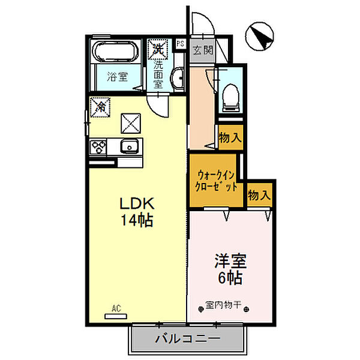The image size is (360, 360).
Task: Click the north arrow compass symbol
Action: (x=259, y=36)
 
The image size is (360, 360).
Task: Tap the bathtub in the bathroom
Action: (x=115, y=52)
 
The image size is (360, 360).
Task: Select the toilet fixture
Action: (x=230, y=96)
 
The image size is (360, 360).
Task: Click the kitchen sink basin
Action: (x=130, y=146)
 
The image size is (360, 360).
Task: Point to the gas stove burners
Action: (x=98, y=146)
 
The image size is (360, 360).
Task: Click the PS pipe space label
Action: (x=181, y=43)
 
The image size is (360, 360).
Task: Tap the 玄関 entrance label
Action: (x=203, y=50)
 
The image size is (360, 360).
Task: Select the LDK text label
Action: (x=137, y=203)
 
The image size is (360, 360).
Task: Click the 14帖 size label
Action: (x=137, y=220)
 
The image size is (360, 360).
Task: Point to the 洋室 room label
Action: (x=230, y=261)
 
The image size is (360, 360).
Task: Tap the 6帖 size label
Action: (x=230, y=278)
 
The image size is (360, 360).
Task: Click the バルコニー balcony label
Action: (x=188, y=338)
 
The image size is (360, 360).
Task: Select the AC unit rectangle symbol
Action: (x=116, y=316)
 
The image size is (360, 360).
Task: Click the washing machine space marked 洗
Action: (x=158, y=49)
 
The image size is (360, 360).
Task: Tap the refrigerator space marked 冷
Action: (x=100, y=107)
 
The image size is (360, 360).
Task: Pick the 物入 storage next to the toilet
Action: (x=230, y=138)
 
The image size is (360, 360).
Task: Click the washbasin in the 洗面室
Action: (x=178, y=78)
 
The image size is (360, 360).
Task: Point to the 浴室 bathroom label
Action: (x=118, y=77)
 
